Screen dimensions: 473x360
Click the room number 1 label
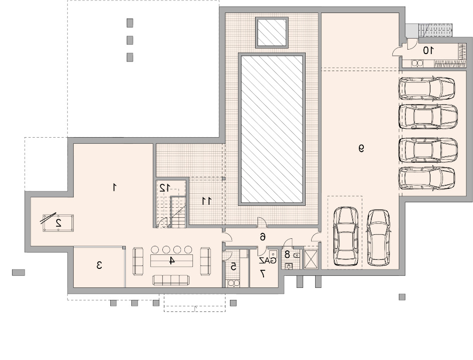[x=114, y=187]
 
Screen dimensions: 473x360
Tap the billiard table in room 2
[x=58, y=223]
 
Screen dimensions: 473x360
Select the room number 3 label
[x=99, y=265]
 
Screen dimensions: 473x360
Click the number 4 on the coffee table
[x=171, y=260]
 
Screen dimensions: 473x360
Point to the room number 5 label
[x=233, y=266]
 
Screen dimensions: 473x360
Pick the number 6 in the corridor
[x=263, y=237]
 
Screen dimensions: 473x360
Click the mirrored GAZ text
[x=268, y=260]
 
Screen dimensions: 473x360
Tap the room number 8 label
[x=287, y=254]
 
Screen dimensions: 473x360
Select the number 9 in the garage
[x=361, y=148]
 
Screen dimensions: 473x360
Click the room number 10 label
[x=428, y=51]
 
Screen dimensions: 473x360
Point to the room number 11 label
[x=206, y=201]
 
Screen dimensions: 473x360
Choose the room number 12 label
[x=164, y=188]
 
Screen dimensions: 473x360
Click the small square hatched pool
[x=272, y=32]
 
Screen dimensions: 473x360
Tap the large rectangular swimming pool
[x=272, y=129]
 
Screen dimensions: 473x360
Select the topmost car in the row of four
[x=427, y=88]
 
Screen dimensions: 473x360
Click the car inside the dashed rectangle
[x=346, y=236]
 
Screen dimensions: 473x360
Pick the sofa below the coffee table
[x=171, y=280]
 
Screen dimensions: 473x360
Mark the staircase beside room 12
[x=178, y=212]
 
